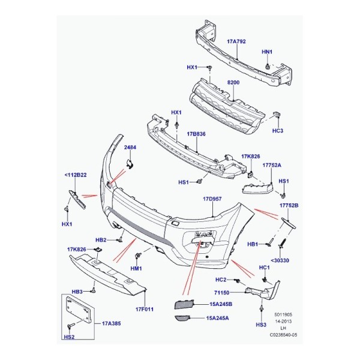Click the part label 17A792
236,42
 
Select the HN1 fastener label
268,52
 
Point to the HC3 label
277,130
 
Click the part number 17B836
196,134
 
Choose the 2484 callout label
131,147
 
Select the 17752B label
289,206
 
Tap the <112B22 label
75,176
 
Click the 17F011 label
145,310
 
